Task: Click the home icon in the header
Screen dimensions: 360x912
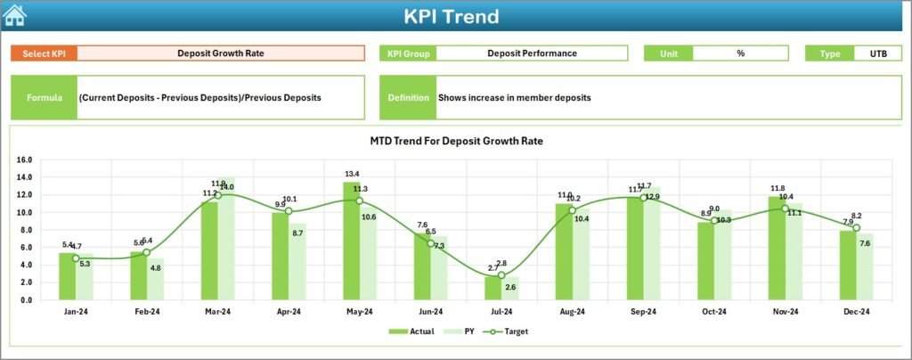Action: tap(15, 15)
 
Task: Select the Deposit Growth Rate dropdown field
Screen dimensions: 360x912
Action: tap(221, 53)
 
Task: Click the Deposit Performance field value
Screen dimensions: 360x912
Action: tap(532, 53)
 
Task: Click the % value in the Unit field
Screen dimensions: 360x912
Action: tap(740, 53)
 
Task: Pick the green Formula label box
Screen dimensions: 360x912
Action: tap(44, 97)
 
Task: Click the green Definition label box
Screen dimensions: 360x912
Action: tap(408, 97)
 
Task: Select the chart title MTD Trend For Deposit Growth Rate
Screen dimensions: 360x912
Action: tap(456, 141)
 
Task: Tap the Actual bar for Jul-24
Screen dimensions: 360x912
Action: tap(493, 288)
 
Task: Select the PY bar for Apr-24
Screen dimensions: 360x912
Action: tap(297, 261)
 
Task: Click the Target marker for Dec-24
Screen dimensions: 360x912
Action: tap(856, 228)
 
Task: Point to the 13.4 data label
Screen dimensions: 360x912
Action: tap(352, 174)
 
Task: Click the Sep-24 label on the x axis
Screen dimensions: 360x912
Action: tap(643, 311)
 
